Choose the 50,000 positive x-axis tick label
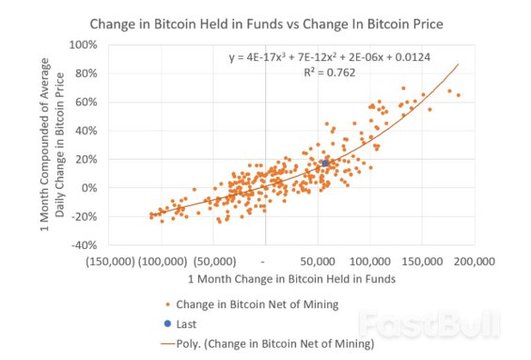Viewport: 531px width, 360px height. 318,260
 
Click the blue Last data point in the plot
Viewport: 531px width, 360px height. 325,163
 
